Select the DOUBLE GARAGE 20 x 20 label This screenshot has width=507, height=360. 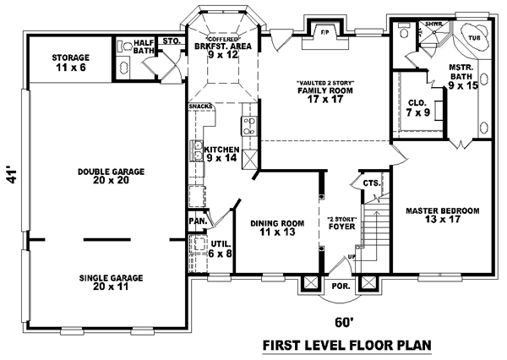click(x=111, y=175)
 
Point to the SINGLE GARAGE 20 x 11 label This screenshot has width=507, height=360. click(x=111, y=281)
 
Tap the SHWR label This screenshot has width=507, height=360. click(x=412, y=25)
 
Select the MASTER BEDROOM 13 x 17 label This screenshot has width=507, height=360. click(x=443, y=215)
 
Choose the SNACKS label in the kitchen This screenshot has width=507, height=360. click(x=201, y=106)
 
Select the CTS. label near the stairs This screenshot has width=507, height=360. click(x=370, y=183)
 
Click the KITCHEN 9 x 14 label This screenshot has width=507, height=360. click(x=222, y=154)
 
